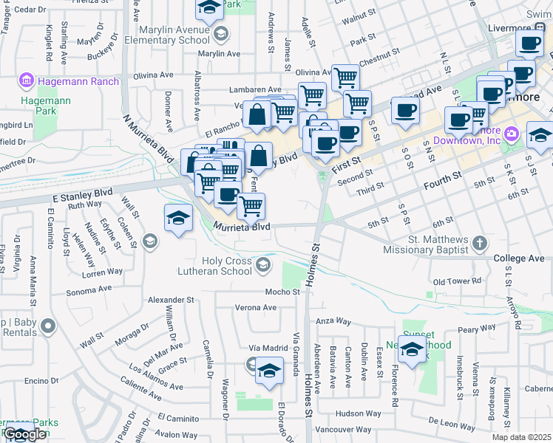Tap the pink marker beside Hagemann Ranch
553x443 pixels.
point(27,79)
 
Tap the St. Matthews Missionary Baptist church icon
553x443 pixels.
point(481,242)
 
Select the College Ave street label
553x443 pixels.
point(523,259)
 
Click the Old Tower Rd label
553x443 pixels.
point(457,281)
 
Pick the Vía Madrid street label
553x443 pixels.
point(267,348)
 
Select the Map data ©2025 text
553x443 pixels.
point(520,437)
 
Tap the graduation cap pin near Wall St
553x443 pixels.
point(178,218)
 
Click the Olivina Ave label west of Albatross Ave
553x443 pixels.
point(152,75)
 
